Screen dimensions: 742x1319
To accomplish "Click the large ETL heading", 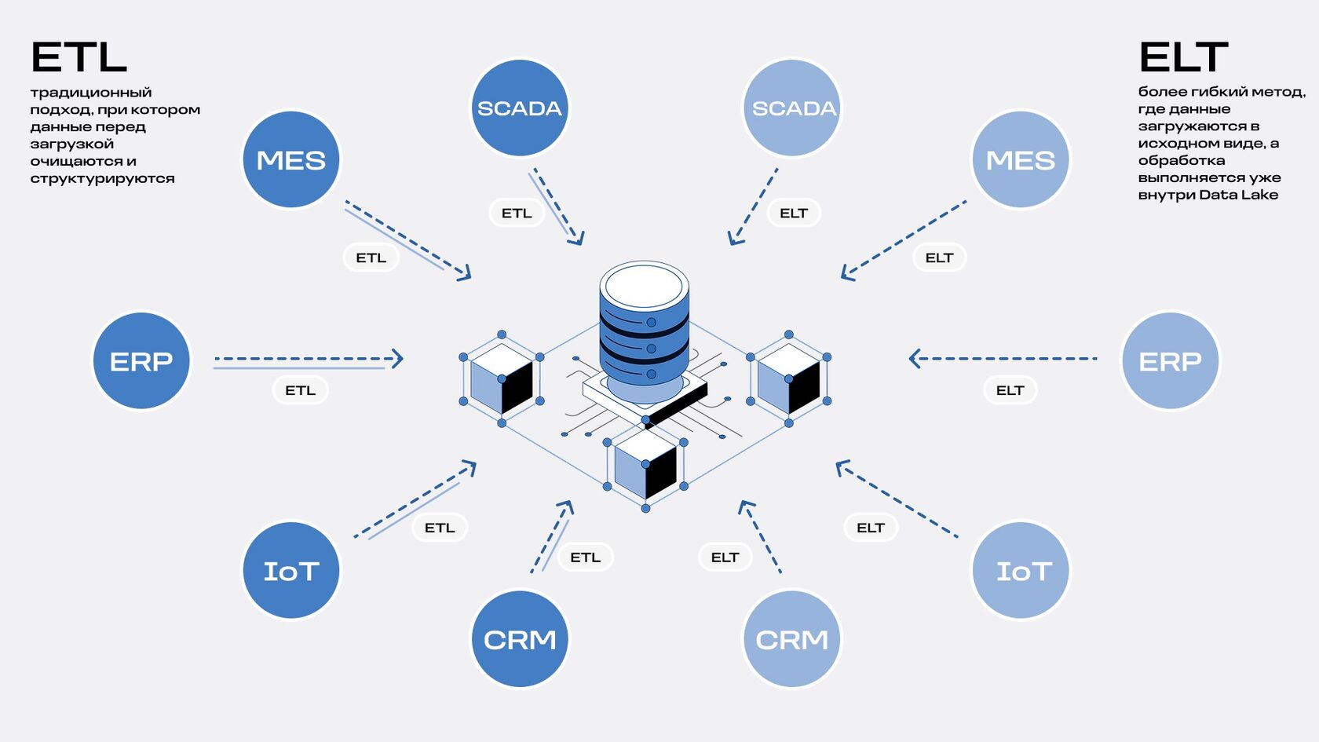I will tap(79, 57).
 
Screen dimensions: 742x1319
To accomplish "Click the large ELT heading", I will tap(1183, 57).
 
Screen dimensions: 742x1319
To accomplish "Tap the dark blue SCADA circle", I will tap(520, 108).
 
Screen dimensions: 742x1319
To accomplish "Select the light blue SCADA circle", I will tap(792, 108).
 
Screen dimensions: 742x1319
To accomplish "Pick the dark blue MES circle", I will tap(291, 160).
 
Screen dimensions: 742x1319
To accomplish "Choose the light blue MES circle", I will tap(1021, 160).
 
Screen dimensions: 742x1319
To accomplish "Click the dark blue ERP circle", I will tap(141, 361).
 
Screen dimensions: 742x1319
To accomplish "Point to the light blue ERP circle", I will tap(1170, 361).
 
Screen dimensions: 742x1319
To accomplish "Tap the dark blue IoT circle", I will tap(291, 571).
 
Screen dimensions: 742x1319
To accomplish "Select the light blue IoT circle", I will tap(1021, 571).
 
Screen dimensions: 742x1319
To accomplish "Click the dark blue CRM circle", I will tap(520, 639).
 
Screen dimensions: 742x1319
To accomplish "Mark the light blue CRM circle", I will tap(792, 639).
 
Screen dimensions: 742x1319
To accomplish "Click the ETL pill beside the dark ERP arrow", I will tap(300, 390).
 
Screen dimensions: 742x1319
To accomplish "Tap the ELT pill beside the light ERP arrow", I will tap(1010, 390).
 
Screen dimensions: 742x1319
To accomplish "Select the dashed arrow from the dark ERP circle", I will tap(308, 359).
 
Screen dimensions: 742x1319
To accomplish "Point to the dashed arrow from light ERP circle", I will tap(1003, 359).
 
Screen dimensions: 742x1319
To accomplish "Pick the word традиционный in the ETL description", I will tap(91, 93).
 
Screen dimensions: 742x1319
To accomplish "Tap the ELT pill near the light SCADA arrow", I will tap(793, 213).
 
